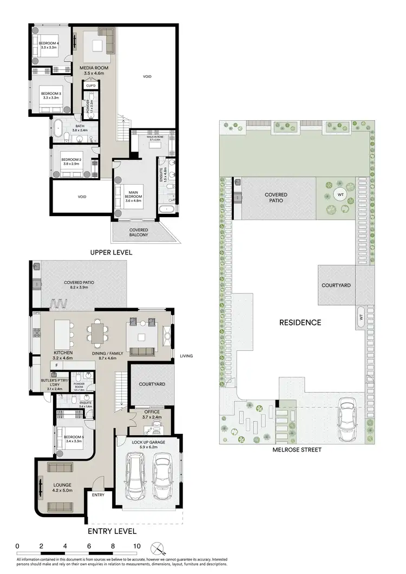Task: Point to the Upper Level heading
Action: (x=111, y=252)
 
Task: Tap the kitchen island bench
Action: (x=65, y=334)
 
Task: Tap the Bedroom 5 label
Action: (x=73, y=440)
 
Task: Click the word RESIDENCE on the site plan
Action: (x=300, y=322)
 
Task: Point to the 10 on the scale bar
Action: (x=136, y=546)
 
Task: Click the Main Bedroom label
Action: (x=133, y=198)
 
